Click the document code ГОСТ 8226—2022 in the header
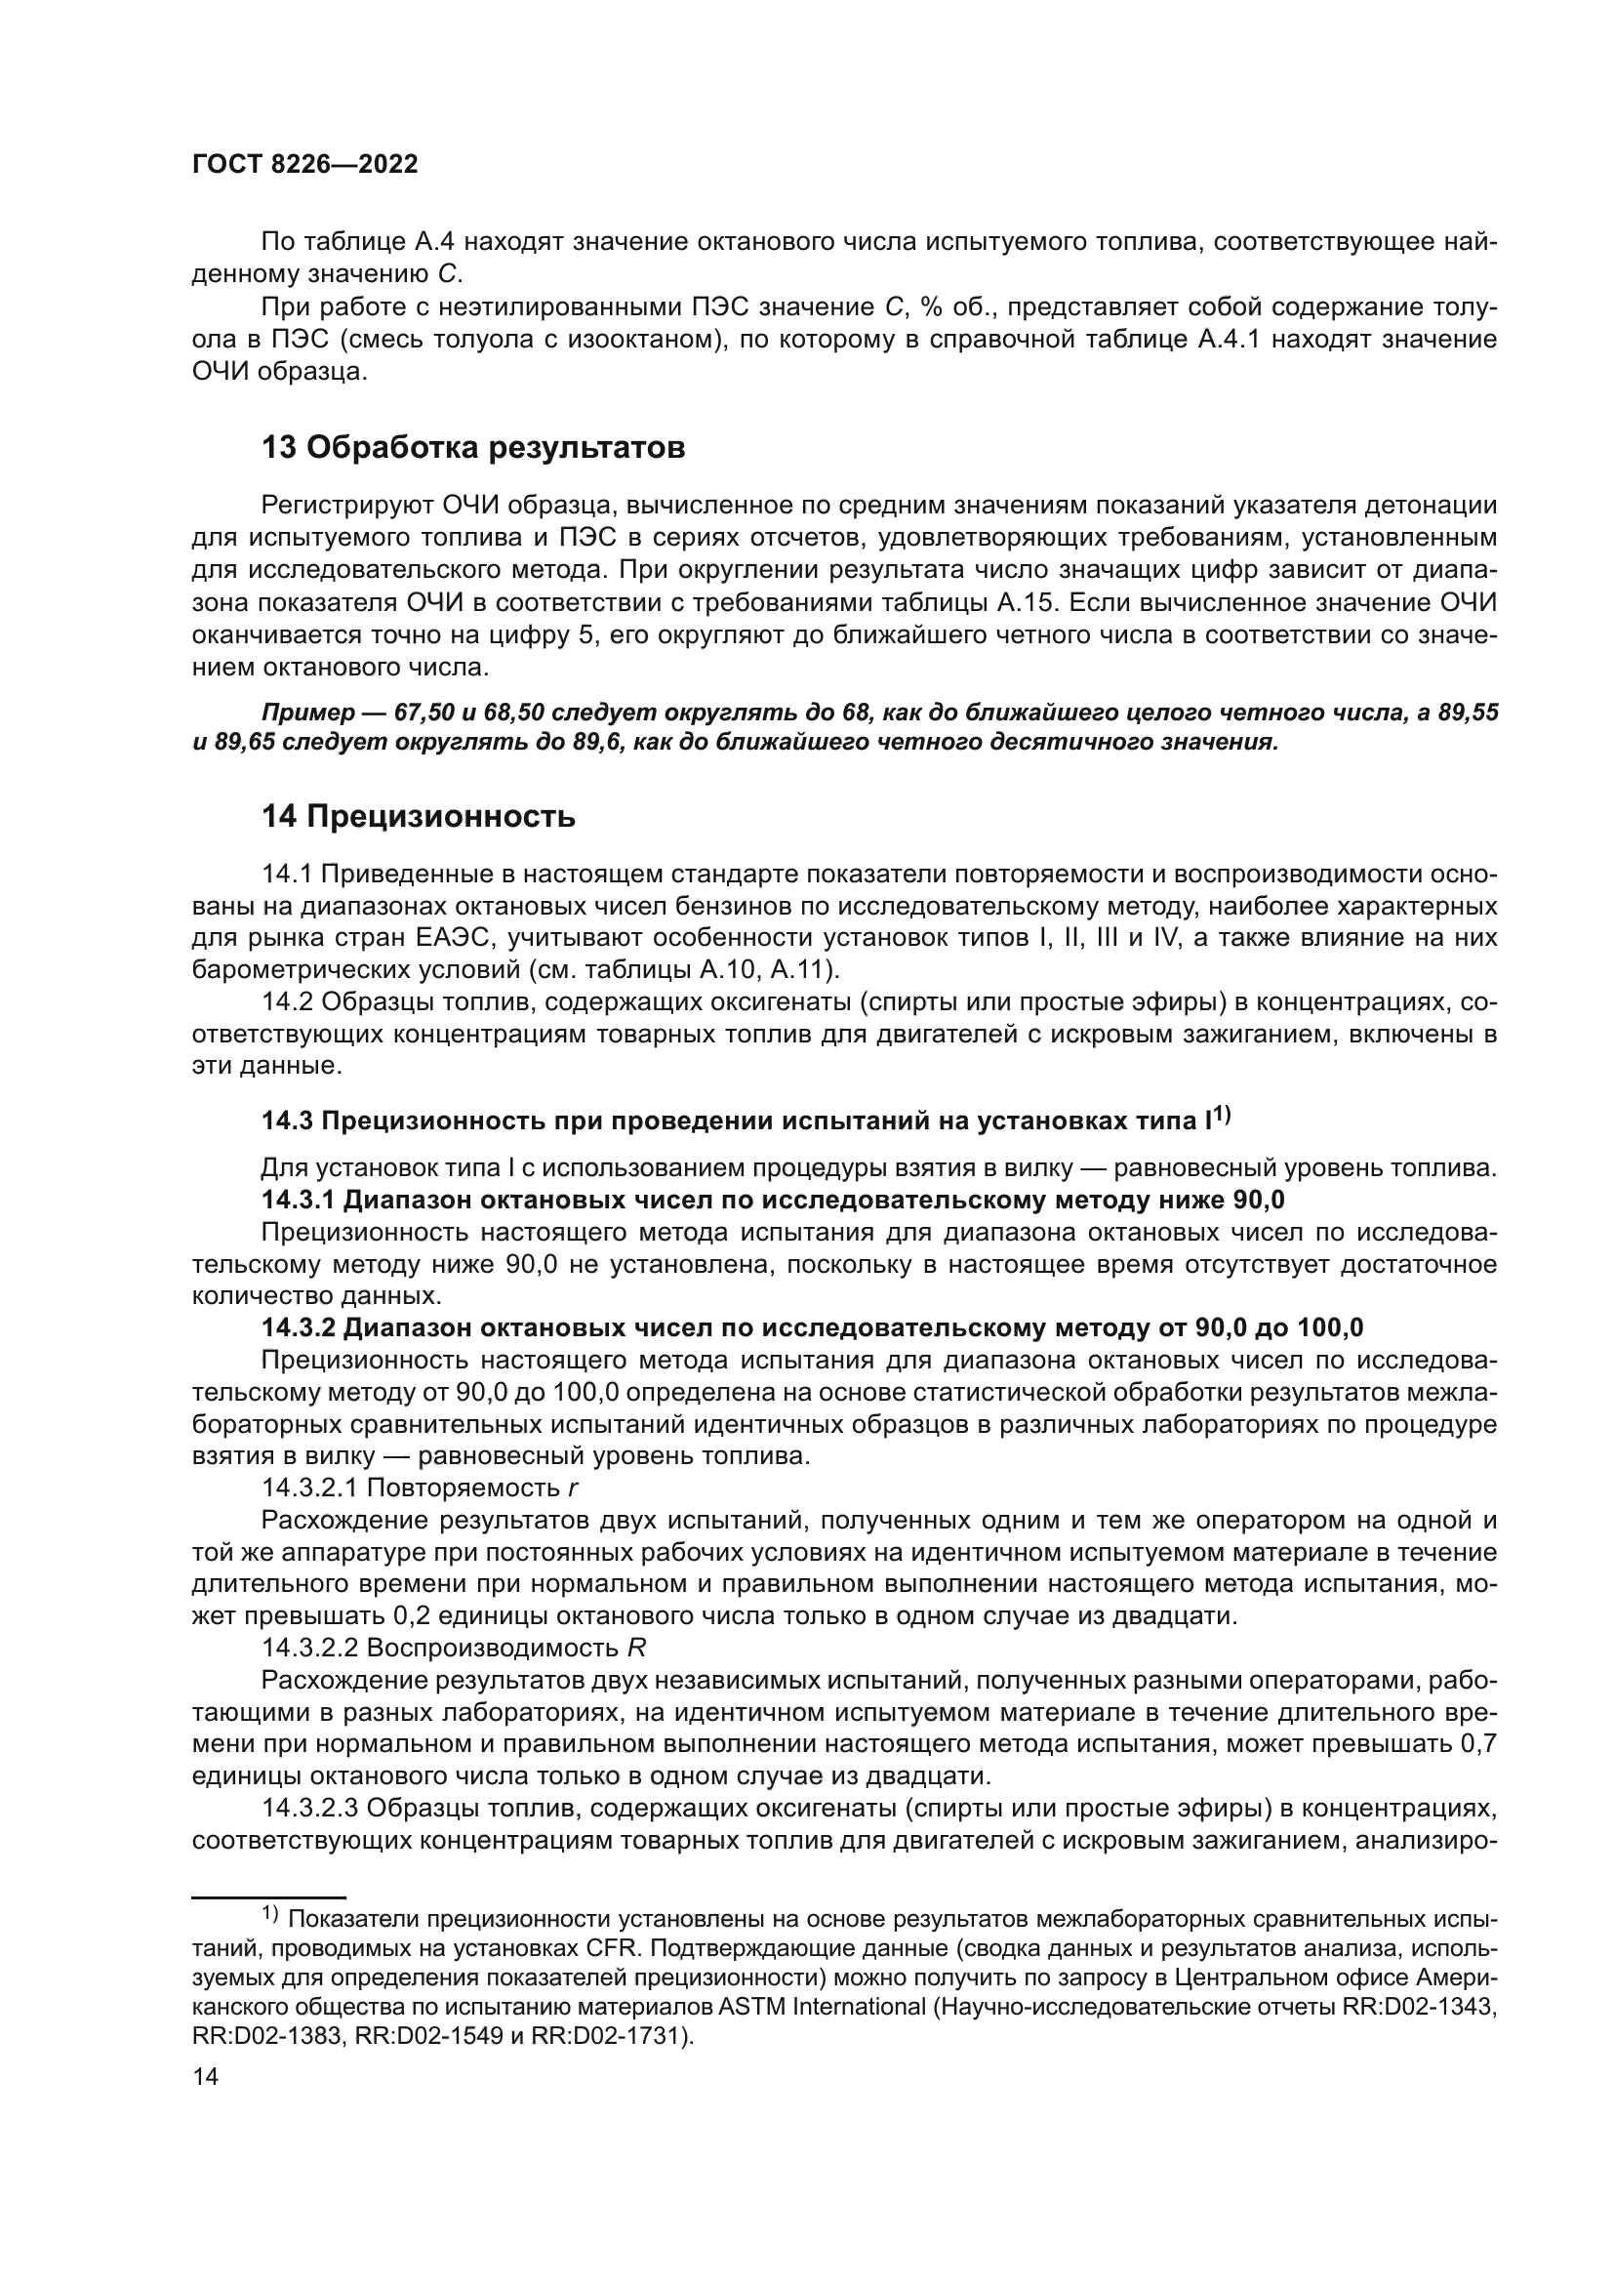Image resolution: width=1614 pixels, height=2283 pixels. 304,165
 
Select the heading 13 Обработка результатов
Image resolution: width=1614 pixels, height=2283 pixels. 473,448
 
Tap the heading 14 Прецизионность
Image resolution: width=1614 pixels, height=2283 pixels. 419,817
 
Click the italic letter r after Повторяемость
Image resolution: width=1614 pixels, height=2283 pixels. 574,1488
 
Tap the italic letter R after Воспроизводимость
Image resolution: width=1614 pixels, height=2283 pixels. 637,1649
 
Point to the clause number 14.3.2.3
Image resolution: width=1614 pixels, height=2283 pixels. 311,1808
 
